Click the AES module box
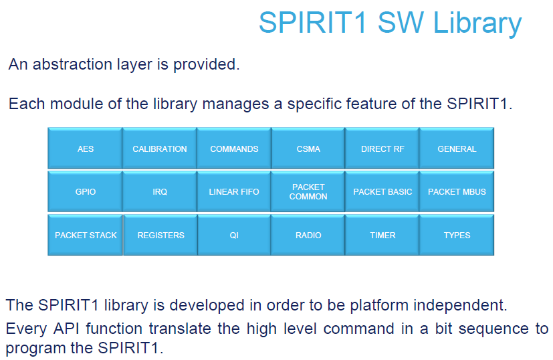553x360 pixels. click(x=85, y=149)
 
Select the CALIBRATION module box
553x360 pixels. click(x=159, y=149)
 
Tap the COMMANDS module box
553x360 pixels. click(x=234, y=149)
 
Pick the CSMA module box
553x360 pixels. click(x=308, y=149)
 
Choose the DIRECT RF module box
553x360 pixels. click(x=382, y=149)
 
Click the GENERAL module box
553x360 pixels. click(x=457, y=149)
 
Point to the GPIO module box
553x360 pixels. click(x=85, y=191)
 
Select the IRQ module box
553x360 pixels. click(x=159, y=191)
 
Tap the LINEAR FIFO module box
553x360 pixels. click(x=234, y=191)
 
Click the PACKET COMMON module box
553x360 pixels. click(x=308, y=191)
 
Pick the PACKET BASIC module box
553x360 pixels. click(x=382, y=191)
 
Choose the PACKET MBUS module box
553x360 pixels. click(x=457, y=191)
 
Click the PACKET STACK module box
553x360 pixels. click(x=86, y=235)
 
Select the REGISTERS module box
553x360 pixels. click(x=160, y=235)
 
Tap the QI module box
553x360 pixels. click(x=234, y=235)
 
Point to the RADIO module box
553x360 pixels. click(x=308, y=235)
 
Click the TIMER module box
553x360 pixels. click(x=382, y=235)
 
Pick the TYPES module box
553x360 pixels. click(x=457, y=235)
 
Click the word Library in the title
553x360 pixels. click(x=477, y=23)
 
